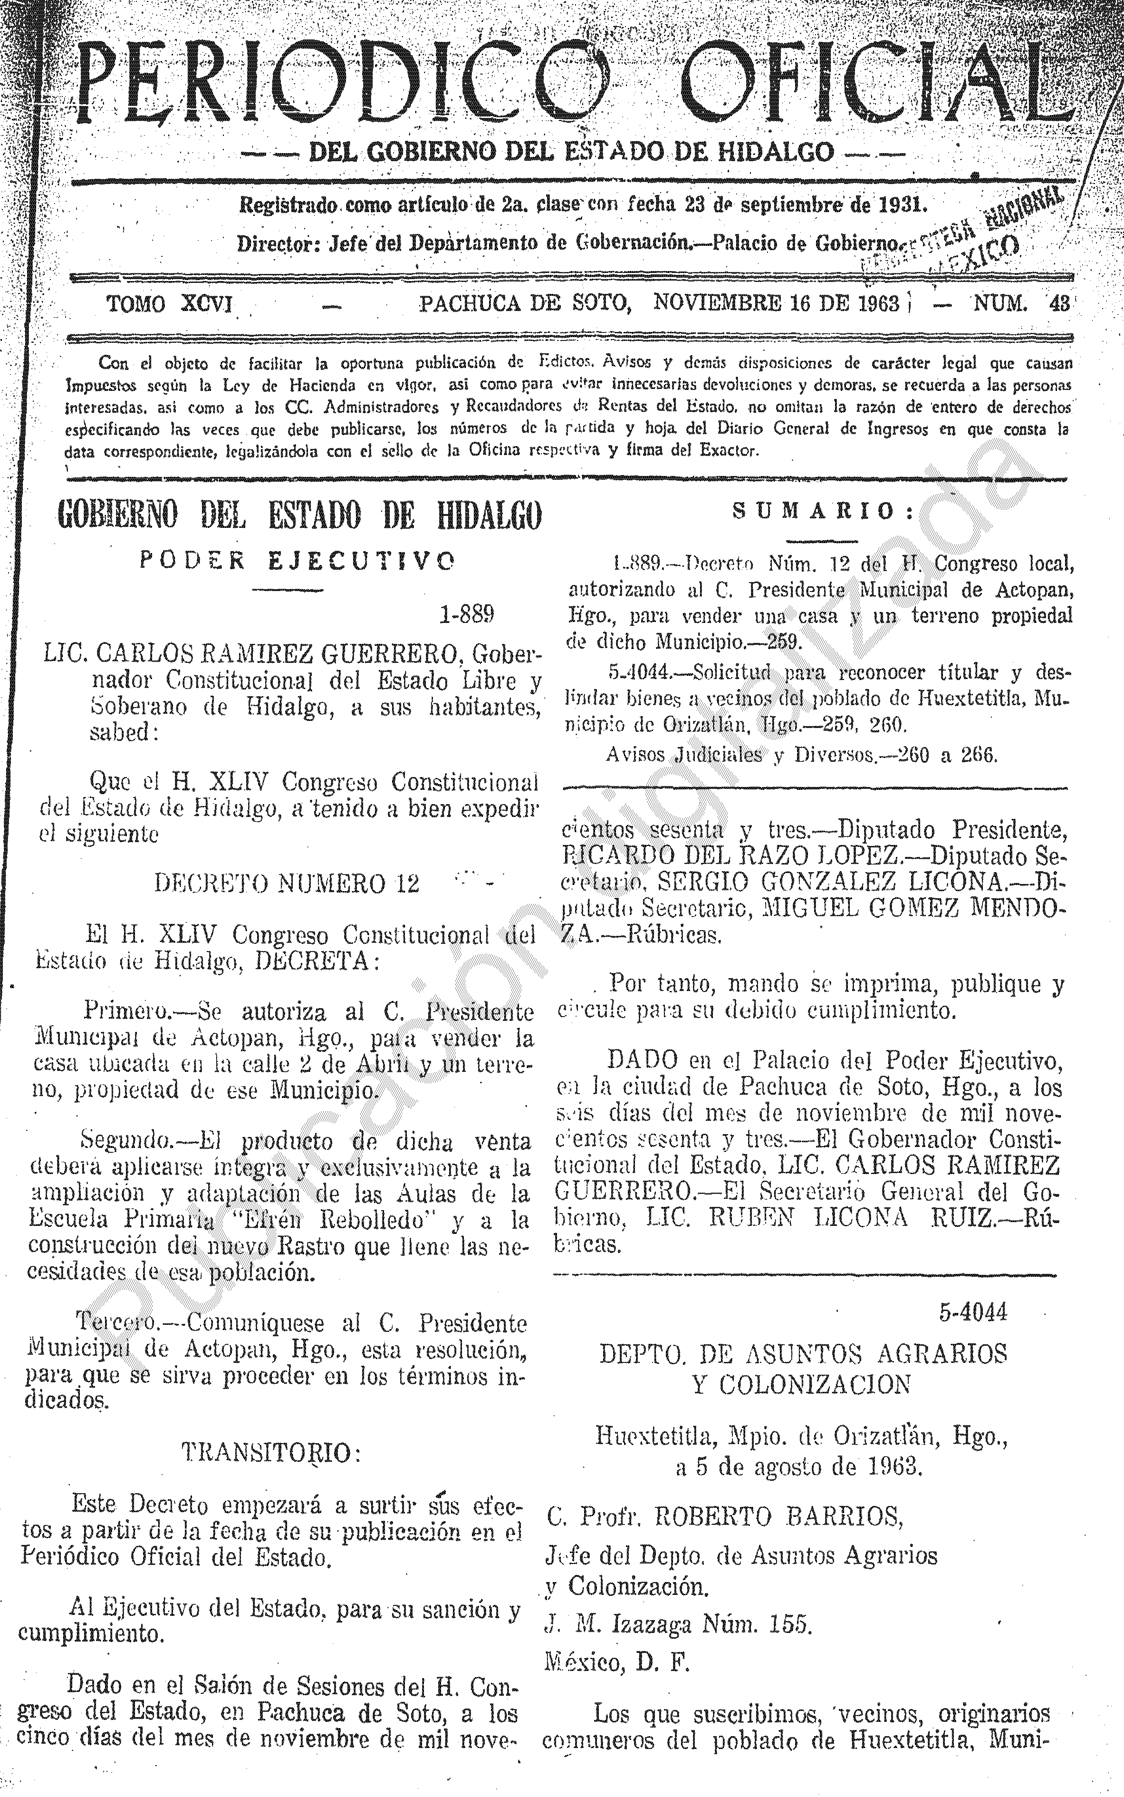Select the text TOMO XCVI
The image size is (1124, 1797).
point(170,304)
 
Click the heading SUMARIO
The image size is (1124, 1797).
point(824,511)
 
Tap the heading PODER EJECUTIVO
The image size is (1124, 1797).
point(297,561)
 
